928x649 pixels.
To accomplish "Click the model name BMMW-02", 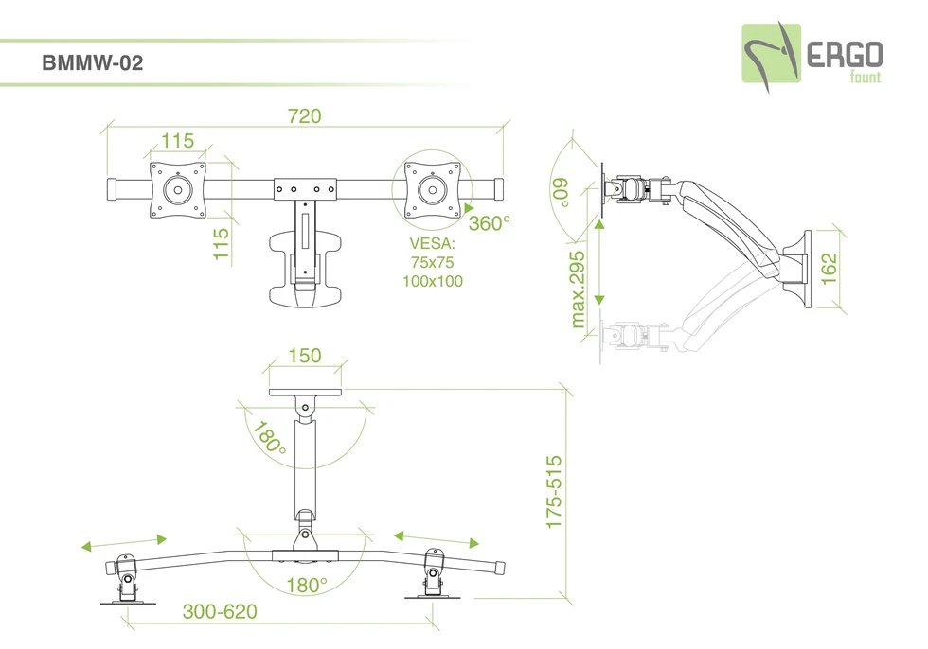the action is point(93,62).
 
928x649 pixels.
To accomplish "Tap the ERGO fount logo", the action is point(812,58).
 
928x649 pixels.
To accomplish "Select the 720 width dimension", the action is point(304,115).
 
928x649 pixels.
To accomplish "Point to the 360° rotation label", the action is point(489,223).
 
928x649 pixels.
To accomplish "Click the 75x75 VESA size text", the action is point(432,262).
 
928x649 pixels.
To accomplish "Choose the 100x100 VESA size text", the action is point(433,281).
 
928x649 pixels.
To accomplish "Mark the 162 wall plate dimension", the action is point(829,269).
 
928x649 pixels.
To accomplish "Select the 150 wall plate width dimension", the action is point(305,355).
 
